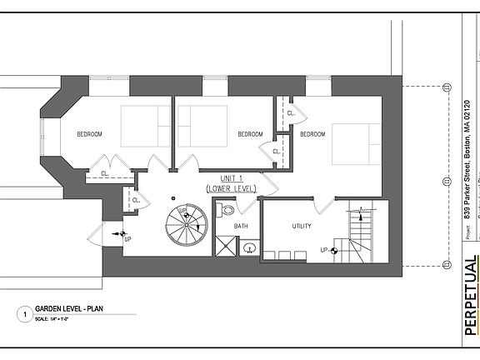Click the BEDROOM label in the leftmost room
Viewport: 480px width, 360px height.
tap(90, 134)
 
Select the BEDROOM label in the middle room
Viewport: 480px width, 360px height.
tap(250, 134)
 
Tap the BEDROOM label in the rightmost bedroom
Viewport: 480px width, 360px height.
tap(312, 134)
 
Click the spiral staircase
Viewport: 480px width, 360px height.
tap(186, 225)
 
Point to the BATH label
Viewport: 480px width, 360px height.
tap(241, 226)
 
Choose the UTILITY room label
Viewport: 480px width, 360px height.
tap(302, 226)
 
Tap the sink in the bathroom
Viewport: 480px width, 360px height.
tap(247, 247)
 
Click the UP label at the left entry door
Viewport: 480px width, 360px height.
tap(127, 239)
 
